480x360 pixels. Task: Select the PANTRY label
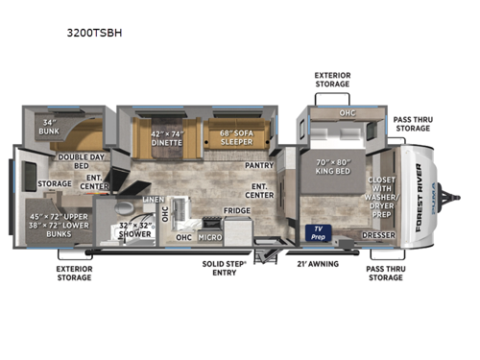point(260,164)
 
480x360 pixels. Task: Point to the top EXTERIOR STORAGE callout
point(332,78)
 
